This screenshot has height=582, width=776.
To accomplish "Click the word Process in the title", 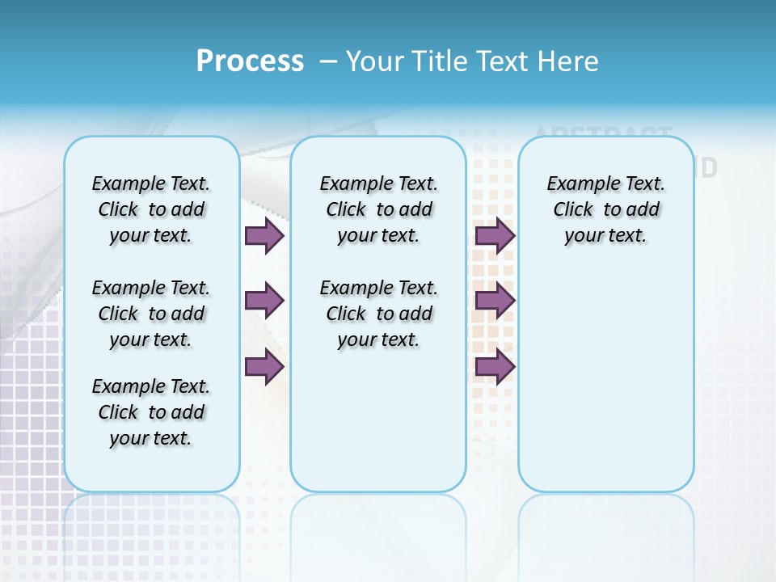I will [250, 61].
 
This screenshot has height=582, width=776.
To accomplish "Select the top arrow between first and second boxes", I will [264, 235].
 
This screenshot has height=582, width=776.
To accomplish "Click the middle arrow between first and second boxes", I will [264, 301].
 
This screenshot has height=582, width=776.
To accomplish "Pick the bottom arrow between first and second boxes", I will [264, 367].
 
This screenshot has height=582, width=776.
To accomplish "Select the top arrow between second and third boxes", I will [495, 235].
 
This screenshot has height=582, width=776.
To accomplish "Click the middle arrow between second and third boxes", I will [495, 301].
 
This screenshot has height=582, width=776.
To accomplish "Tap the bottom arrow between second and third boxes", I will [495, 367].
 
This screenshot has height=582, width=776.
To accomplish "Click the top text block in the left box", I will [151, 209].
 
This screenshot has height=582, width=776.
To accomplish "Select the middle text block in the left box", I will [151, 314].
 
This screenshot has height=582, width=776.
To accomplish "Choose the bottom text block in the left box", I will [151, 412].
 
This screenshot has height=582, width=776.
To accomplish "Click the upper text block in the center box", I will [378, 209].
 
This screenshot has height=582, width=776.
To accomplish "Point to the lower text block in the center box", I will [378, 314].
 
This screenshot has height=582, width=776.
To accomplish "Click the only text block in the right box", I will [605, 209].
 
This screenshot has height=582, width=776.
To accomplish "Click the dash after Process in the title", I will [328, 61].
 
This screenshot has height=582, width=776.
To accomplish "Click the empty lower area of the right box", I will [605, 388].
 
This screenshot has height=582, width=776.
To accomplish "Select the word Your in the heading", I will [374, 61].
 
